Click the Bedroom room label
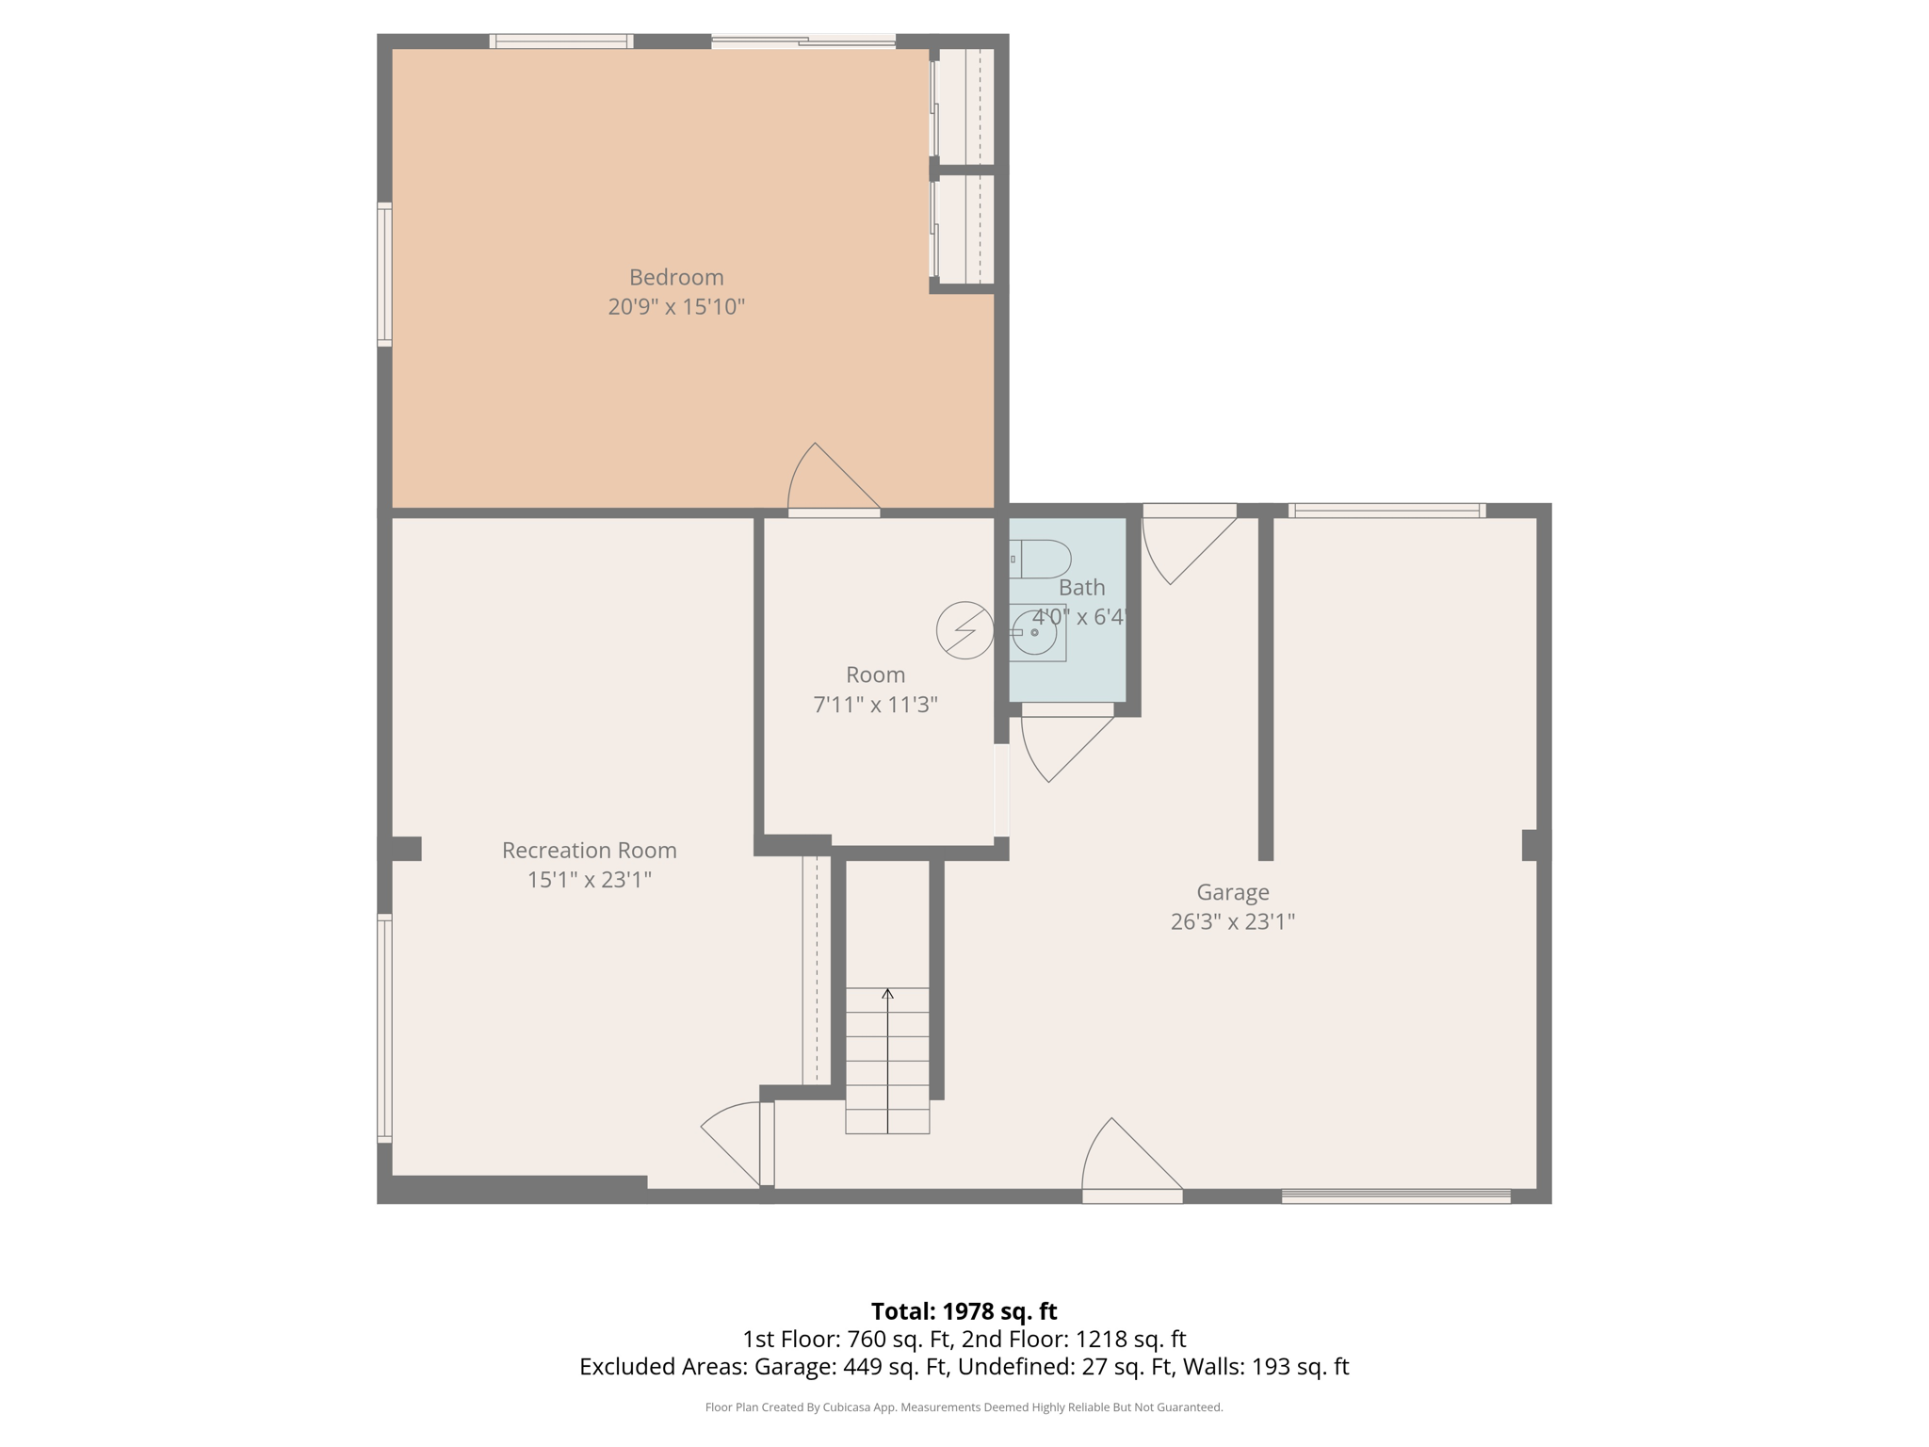676,277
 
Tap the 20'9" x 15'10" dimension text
676,307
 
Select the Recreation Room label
589,850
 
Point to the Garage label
1232,891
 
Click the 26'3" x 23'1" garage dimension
1232,921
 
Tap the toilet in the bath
1042,559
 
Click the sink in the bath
1035,632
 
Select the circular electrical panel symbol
964,630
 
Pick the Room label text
875,675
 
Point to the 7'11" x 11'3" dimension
875,705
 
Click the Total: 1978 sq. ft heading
964,1311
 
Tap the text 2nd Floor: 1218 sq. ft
1073,1339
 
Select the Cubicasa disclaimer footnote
964,1407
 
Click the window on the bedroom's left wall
384,273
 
